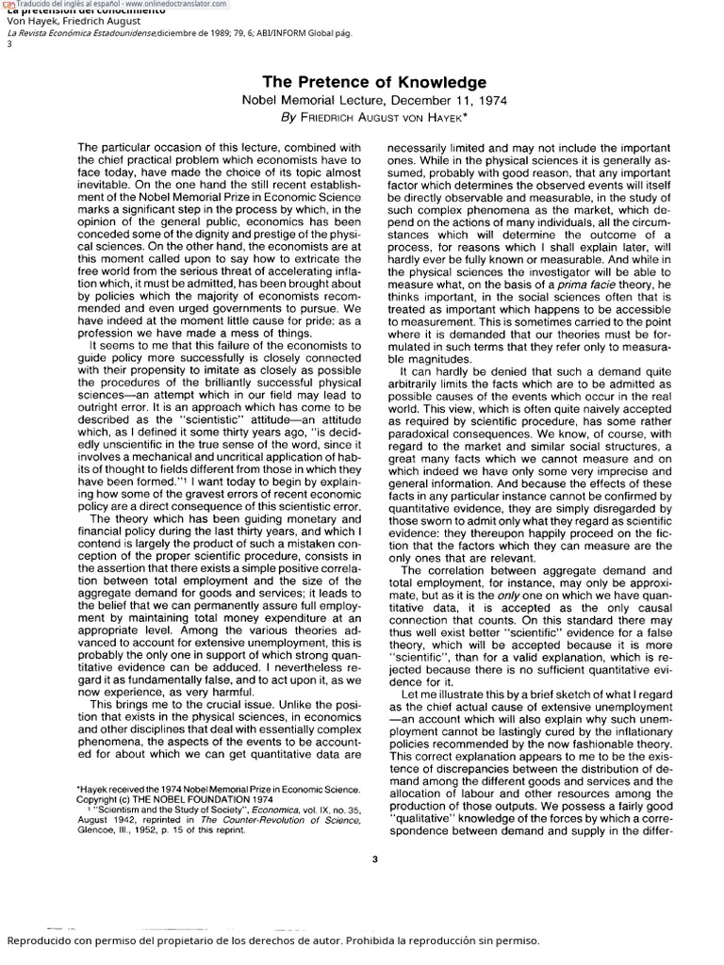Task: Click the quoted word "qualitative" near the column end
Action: [x=423, y=818]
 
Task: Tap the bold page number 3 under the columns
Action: [x=374, y=857]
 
